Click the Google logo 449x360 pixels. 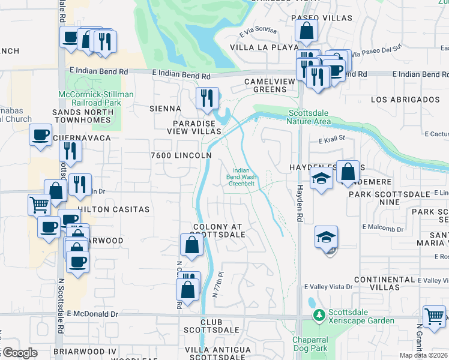(x=19, y=353)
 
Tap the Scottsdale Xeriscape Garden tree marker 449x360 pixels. (x=318, y=314)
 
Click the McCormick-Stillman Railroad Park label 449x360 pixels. (x=96, y=98)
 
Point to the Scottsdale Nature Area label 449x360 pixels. (x=310, y=117)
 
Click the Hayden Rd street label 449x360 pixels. (x=298, y=204)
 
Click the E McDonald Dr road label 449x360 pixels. (x=93, y=314)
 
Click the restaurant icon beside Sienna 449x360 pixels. (x=208, y=97)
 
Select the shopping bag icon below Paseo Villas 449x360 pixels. (x=306, y=31)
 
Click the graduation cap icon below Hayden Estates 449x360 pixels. (x=321, y=178)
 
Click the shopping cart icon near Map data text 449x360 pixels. (x=434, y=316)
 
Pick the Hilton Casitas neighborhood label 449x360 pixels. (x=113, y=209)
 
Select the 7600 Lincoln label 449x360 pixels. (x=181, y=155)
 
